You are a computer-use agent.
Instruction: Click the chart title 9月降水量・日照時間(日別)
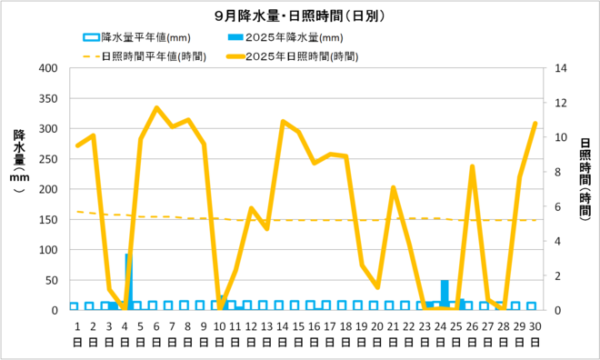(x=299, y=15)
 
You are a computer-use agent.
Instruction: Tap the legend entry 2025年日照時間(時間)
(x=299, y=55)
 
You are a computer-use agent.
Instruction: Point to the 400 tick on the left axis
(x=44, y=68)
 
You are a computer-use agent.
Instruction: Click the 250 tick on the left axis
(x=44, y=159)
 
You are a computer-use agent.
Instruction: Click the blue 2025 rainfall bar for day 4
(x=128, y=282)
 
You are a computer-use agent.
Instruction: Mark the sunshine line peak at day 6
(x=156, y=107)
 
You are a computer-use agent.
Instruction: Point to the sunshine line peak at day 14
(x=283, y=121)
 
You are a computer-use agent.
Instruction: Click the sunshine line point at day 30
(x=535, y=123)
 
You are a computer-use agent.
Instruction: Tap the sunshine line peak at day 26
(x=473, y=166)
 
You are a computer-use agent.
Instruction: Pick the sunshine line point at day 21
(x=394, y=187)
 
